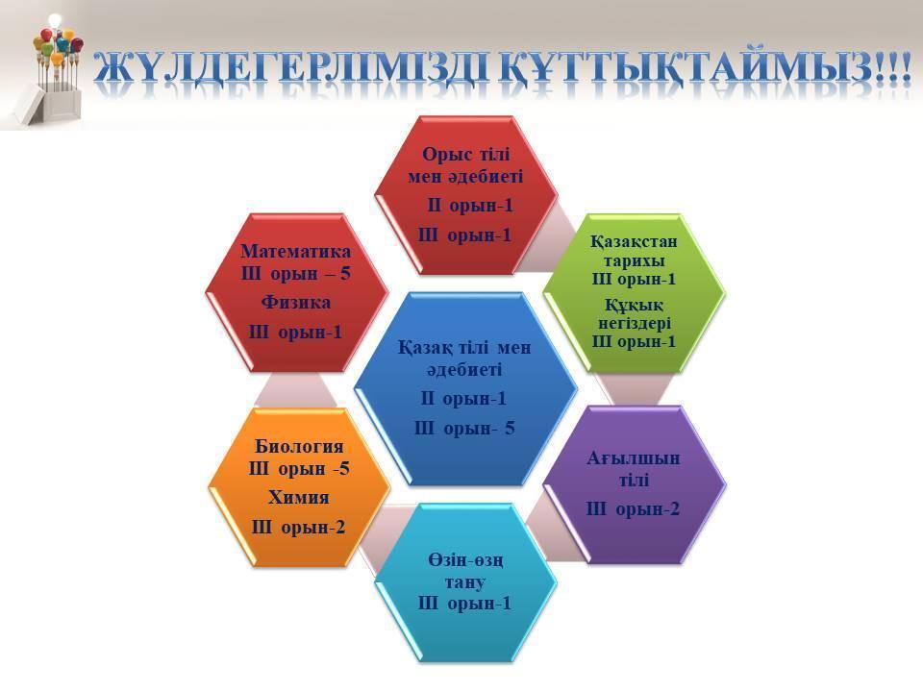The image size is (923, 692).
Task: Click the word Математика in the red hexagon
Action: pyautogui.click(x=295, y=251)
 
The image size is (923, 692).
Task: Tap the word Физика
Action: pyautogui.click(x=295, y=303)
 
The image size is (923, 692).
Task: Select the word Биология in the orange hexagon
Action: pyautogui.click(x=299, y=446)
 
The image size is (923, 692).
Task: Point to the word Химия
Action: pyautogui.click(x=298, y=497)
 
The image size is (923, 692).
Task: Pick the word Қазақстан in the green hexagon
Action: pyautogui.click(x=634, y=242)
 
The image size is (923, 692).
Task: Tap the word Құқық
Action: pyautogui.click(x=634, y=306)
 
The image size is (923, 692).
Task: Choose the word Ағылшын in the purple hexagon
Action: pyautogui.click(x=634, y=458)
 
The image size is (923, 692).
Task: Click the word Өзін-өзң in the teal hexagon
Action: pyautogui.click(x=465, y=560)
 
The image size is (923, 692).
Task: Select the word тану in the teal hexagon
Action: pyautogui.click(x=465, y=582)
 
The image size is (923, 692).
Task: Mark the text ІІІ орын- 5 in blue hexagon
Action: pyautogui.click(x=464, y=429)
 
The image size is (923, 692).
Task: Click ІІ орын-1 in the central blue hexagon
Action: pyautogui.click(x=463, y=399)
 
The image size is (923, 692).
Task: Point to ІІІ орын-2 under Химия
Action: pyautogui.click(x=298, y=528)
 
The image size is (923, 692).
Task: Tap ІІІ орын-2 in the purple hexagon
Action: pyautogui.click(x=633, y=509)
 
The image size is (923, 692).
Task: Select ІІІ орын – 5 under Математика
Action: pyautogui.click(x=295, y=274)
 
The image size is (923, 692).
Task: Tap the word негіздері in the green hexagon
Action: pyautogui.click(x=635, y=324)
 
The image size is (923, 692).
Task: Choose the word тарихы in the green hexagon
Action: pyautogui.click(x=634, y=260)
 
